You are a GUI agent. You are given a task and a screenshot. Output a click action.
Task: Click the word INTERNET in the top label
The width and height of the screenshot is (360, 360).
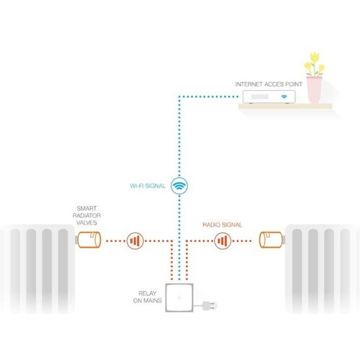[248, 84]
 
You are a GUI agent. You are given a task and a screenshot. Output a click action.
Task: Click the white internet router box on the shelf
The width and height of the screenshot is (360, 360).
[269, 96]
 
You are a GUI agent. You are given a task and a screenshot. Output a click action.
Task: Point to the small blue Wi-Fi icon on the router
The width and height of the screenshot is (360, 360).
[284, 96]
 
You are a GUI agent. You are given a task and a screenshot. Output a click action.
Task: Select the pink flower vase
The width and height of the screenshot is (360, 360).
[314, 90]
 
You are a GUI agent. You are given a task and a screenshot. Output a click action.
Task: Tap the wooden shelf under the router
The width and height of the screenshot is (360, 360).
[285, 106]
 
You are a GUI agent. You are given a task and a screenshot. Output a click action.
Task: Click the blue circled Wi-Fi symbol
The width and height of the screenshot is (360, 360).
[179, 186]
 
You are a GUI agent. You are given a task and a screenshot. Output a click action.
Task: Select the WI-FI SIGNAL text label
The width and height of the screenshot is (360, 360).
[148, 186]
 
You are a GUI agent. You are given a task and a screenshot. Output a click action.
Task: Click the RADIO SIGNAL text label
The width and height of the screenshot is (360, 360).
[222, 225]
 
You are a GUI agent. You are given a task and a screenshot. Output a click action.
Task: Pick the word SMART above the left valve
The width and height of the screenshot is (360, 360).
[86, 208]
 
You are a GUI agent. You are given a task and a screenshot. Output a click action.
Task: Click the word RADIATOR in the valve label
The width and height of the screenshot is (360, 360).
[86, 215]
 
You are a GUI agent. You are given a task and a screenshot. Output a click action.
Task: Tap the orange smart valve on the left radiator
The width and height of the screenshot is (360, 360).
[89, 240]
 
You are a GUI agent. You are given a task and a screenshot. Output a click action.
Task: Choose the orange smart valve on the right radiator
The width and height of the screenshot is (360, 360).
[271, 240]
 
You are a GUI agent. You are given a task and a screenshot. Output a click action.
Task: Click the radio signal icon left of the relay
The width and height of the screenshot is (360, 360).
[135, 240]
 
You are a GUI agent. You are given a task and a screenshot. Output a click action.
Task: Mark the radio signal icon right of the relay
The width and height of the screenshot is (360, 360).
[222, 240]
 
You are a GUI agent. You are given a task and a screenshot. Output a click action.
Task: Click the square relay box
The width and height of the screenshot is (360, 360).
[179, 297]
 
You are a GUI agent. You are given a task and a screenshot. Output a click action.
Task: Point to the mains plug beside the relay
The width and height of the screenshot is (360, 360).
[210, 306]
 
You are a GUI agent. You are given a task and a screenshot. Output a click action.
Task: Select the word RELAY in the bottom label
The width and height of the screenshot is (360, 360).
[148, 293]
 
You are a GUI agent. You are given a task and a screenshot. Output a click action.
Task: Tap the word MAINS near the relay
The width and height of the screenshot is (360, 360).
[153, 300]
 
